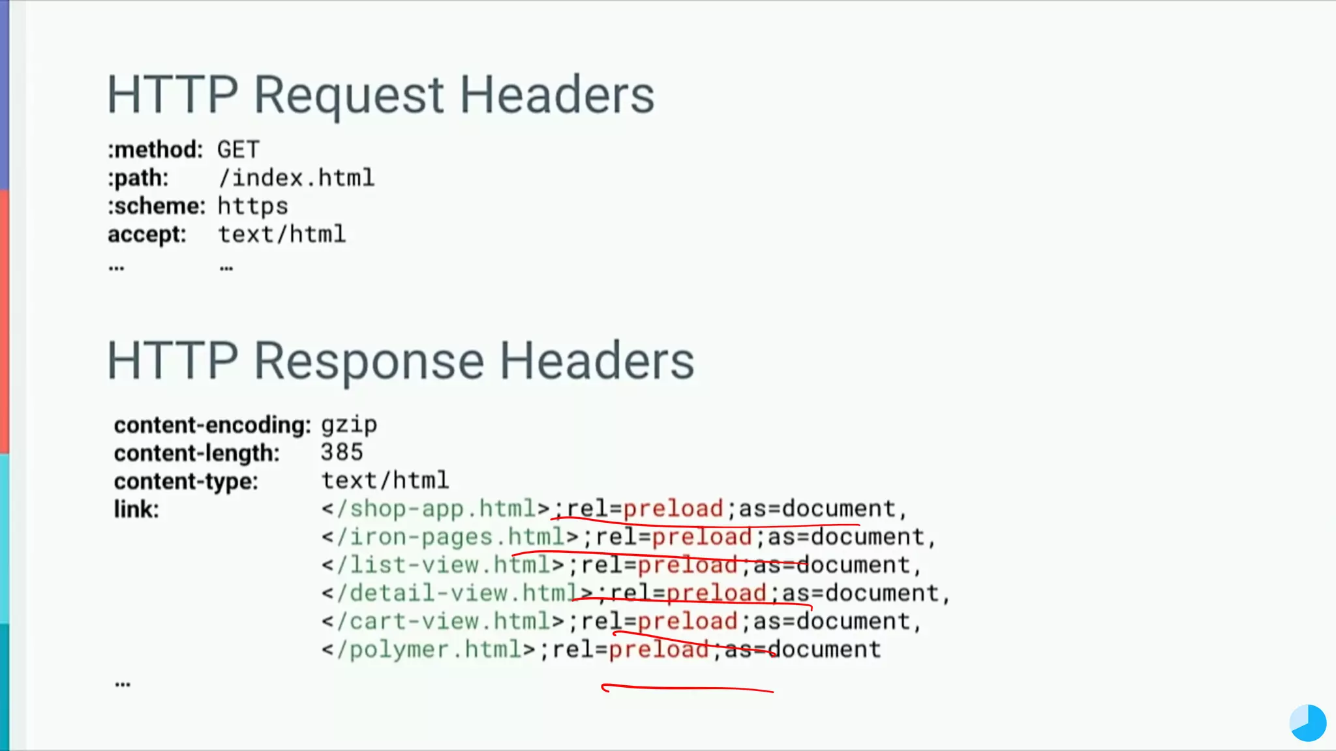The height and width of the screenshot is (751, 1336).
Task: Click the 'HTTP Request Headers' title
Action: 380,95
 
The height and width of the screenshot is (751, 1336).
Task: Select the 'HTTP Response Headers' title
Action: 401,361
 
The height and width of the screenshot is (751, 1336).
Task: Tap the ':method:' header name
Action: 155,150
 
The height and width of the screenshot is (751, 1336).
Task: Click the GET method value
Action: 238,150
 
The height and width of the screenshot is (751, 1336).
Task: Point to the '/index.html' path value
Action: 296,178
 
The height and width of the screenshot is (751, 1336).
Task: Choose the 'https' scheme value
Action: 252,207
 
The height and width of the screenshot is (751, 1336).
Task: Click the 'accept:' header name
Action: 147,235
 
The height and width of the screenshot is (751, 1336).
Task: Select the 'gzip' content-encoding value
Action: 348,425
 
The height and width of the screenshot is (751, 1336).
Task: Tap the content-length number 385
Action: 341,452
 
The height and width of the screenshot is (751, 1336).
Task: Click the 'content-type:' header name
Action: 186,482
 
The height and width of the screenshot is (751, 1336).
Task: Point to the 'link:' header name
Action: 136,510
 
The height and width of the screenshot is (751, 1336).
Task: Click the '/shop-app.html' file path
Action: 436,508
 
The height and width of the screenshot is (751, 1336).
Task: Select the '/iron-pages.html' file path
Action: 451,537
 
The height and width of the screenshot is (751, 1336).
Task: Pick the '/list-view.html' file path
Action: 444,565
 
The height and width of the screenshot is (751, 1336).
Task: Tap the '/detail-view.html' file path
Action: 458,593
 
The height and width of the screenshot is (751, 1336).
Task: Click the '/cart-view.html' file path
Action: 444,621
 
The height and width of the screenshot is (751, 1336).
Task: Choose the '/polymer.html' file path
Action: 429,650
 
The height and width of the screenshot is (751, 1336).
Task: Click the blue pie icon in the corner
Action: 1307,723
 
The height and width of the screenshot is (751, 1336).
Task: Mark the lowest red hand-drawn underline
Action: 688,688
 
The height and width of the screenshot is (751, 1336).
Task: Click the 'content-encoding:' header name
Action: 212,425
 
